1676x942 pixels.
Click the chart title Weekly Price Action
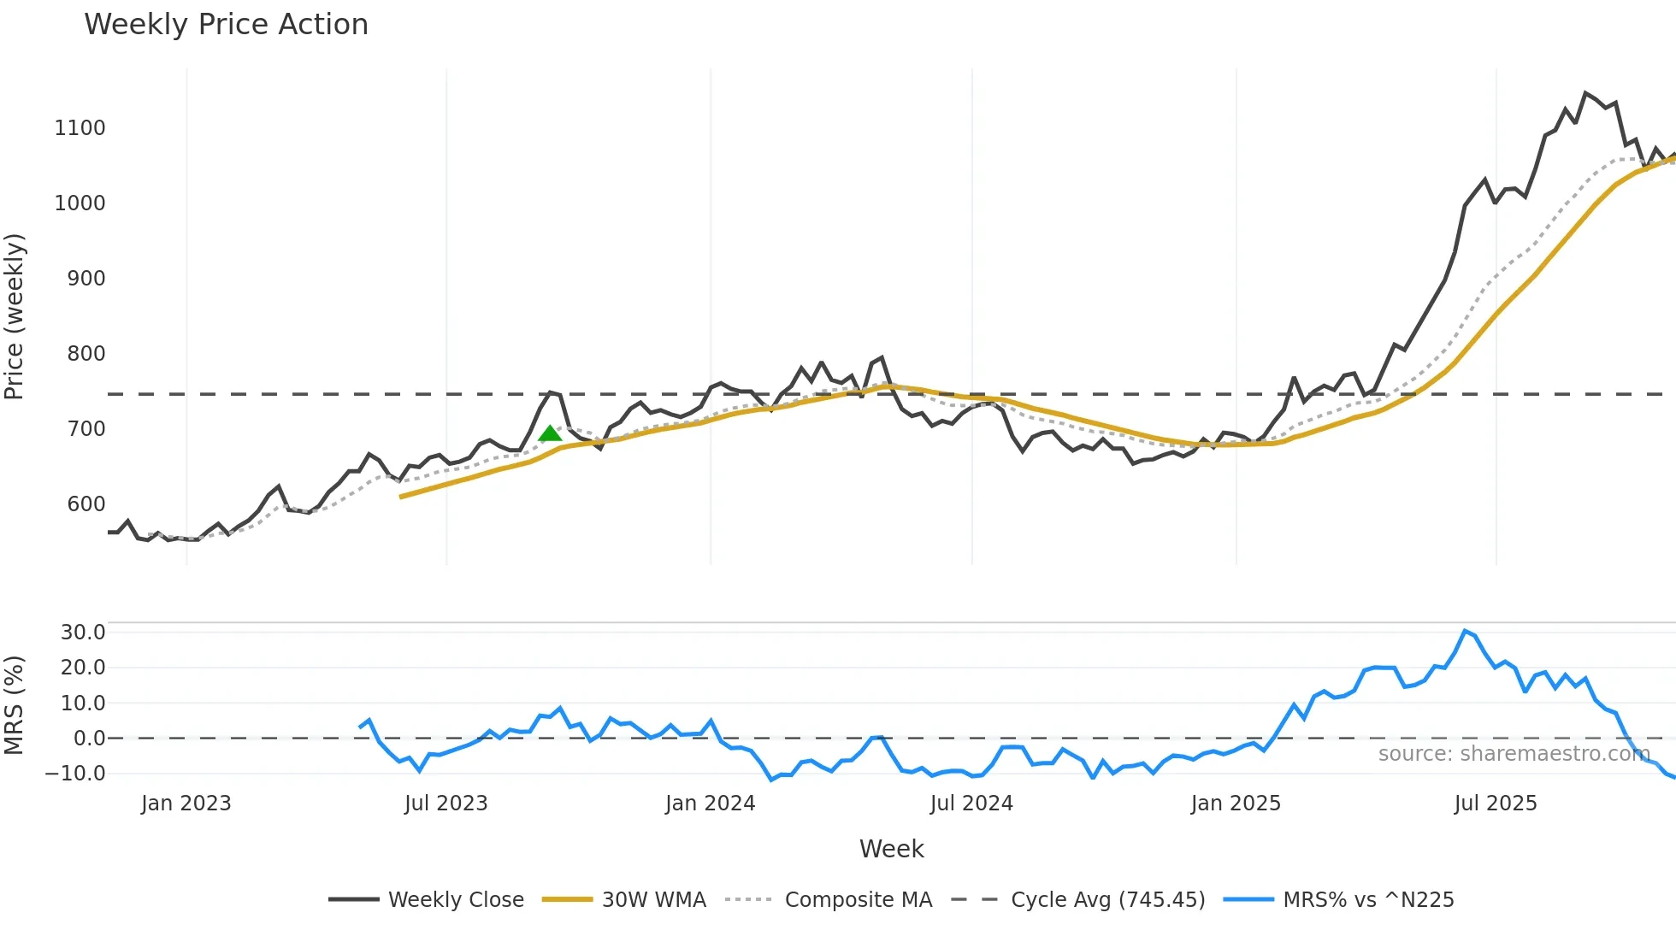click(x=226, y=25)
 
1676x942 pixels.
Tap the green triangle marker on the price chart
click(x=550, y=433)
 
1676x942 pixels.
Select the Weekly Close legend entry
click(x=455, y=899)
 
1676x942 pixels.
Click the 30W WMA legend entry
click(x=653, y=899)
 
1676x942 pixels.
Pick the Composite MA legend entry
click(x=858, y=899)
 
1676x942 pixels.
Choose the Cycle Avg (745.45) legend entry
click(x=1107, y=899)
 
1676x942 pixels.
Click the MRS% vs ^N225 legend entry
click(x=1368, y=899)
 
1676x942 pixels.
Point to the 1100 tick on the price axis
click(x=80, y=128)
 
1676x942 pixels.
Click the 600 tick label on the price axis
click(x=86, y=504)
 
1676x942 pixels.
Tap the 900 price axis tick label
click(x=86, y=279)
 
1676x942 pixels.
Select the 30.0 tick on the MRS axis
click(x=83, y=633)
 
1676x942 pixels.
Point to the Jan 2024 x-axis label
click(x=710, y=804)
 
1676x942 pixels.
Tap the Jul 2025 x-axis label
click(x=1496, y=804)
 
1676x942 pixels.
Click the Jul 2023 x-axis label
click(x=446, y=804)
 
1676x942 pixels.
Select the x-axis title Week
click(x=891, y=849)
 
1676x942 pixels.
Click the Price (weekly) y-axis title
click(x=15, y=316)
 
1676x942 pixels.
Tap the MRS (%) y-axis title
click(x=15, y=705)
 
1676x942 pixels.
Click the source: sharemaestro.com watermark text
click(x=1514, y=754)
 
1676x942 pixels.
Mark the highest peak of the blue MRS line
click(x=1465, y=631)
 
